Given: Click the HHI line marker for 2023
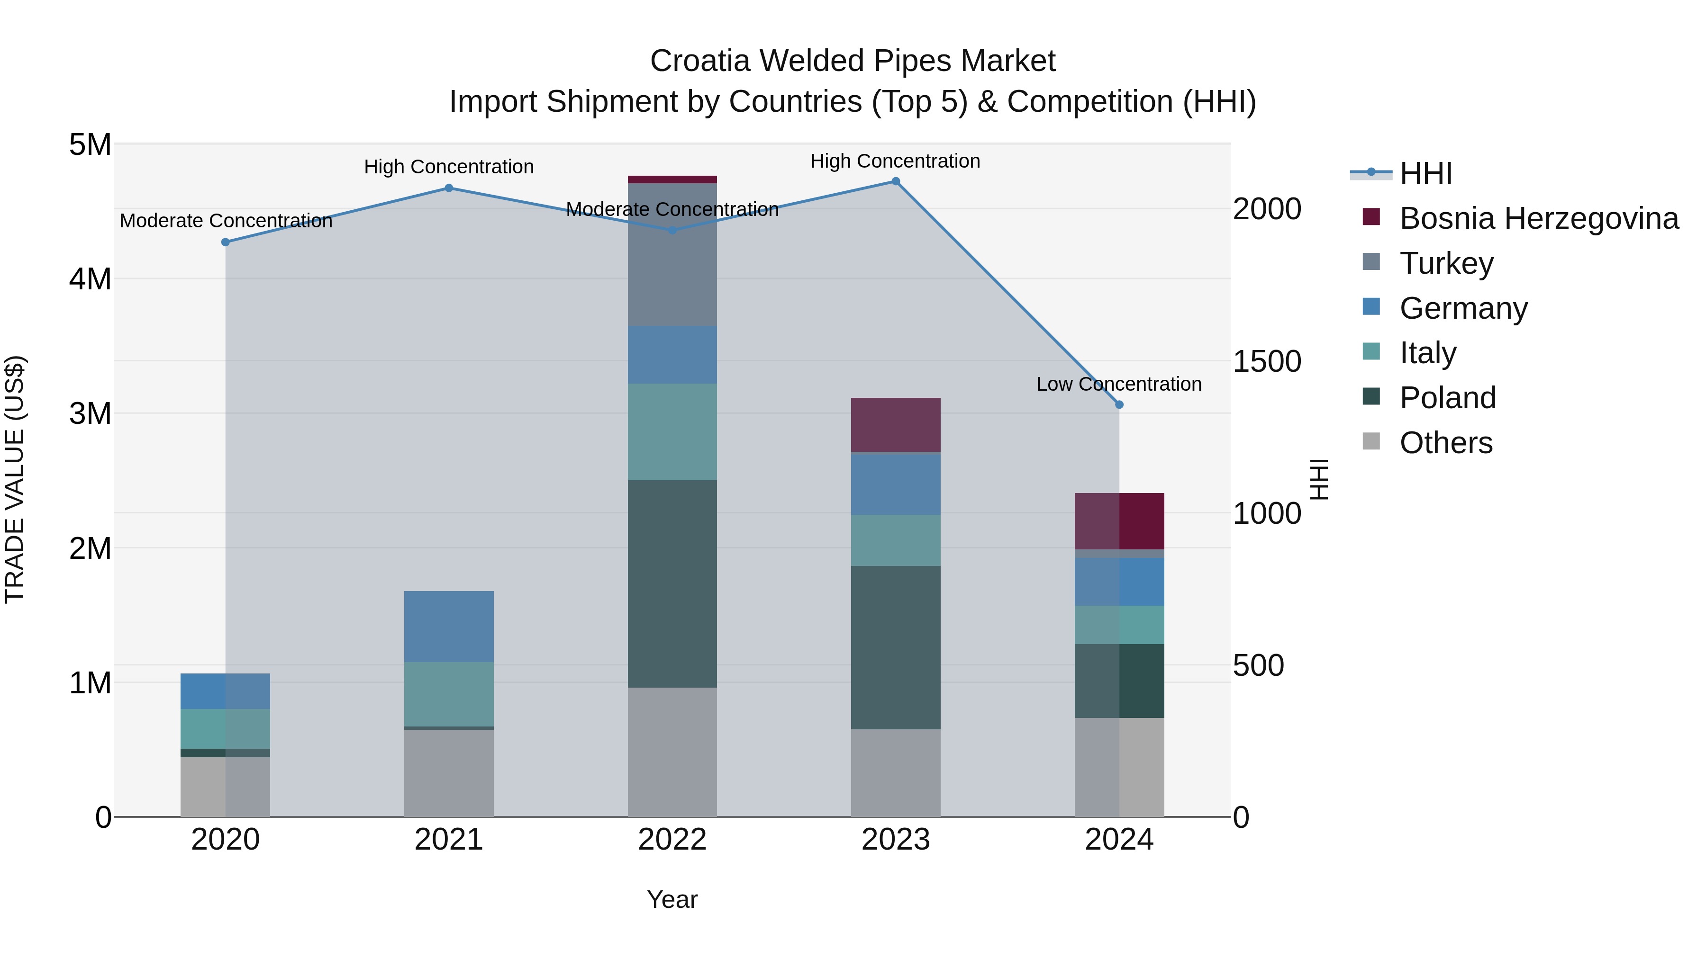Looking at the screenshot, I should coord(895,181).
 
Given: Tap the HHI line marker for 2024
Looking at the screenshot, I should coord(1119,404).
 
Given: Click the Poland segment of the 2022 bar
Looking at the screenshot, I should coord(672,584).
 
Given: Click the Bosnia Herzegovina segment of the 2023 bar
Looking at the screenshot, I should coord(895,425).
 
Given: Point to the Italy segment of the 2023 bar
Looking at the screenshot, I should coord(895,540).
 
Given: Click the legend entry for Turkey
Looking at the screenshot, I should coord(1446,263).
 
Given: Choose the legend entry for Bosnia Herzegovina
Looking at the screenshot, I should coord(1538,218).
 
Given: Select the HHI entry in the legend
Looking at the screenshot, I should coord(1425,173).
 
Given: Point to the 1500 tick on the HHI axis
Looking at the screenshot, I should coord(1266,361).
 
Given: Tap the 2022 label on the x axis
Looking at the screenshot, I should coord(672,840).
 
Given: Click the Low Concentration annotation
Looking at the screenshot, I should coord(1118,384).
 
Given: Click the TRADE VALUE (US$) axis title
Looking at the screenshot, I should coord(15,479).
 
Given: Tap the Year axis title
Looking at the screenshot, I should coord(672,899).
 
